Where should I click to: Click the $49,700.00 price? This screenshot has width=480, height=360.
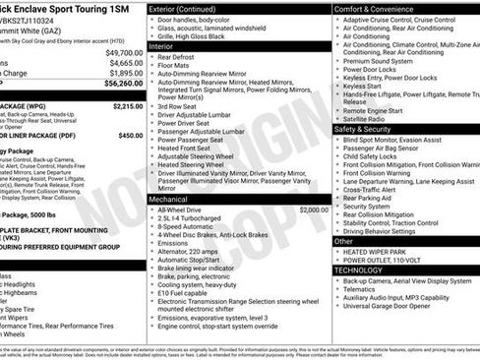(124, 53)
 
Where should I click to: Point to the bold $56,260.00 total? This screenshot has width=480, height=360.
(123, 85)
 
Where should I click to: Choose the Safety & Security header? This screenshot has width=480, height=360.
(362, 129)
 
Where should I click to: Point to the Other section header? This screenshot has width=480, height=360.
(343, 240)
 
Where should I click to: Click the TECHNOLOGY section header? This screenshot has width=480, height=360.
(358, 270)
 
